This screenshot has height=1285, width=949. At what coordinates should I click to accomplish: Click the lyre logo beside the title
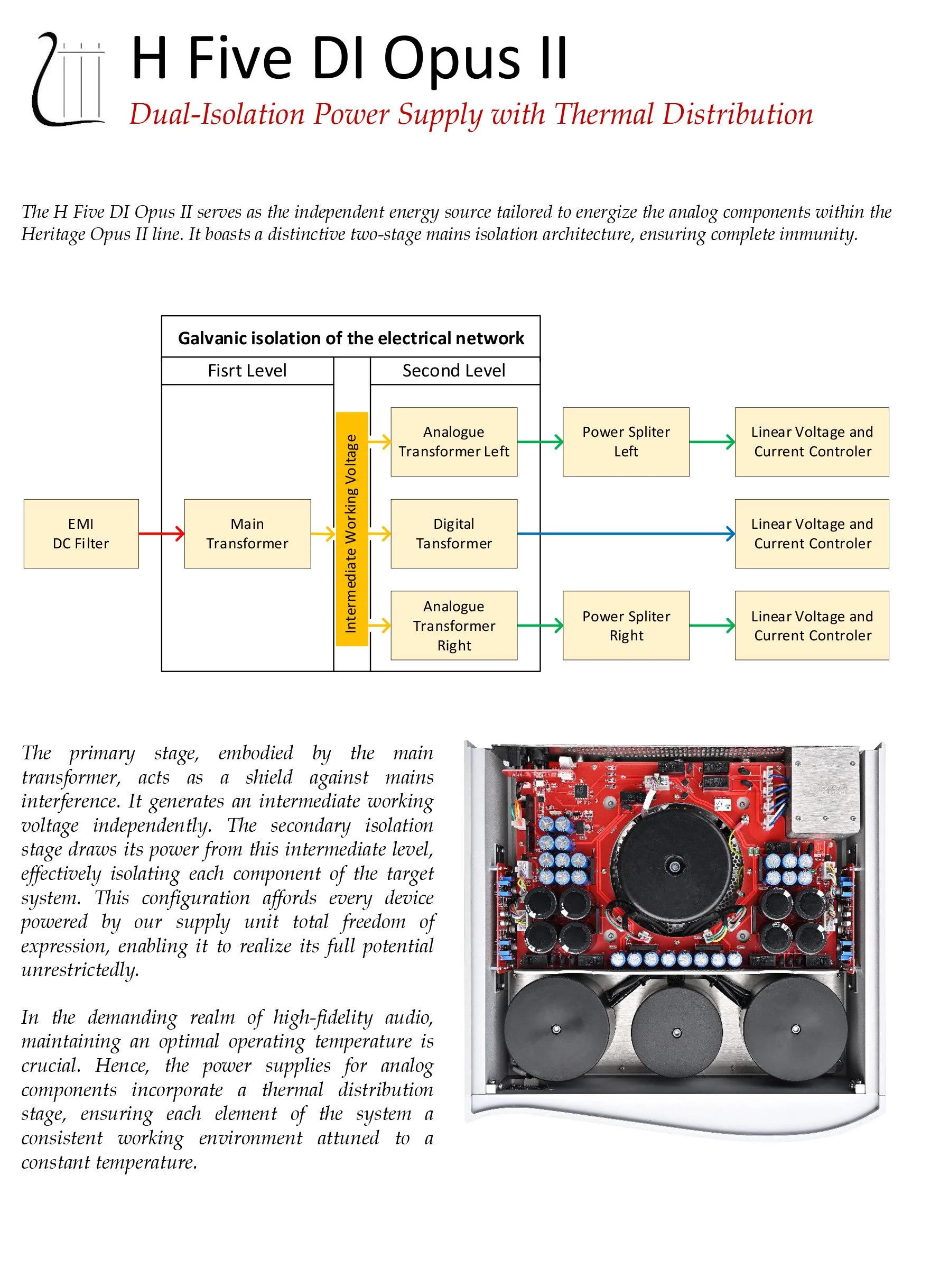point(69,79)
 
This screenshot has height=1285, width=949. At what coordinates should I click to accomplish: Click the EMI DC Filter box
point(81,534)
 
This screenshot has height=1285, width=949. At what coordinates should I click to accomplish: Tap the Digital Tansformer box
point(454,534)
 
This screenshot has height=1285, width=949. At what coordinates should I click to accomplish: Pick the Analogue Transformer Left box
point(454,442)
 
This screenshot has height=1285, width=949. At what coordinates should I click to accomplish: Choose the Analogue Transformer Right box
point(454,626)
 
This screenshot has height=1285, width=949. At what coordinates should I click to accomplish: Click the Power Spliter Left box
point(626,442)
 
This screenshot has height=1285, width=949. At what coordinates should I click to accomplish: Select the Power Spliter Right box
point(626,626)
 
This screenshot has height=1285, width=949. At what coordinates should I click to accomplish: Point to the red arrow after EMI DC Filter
point(161,534)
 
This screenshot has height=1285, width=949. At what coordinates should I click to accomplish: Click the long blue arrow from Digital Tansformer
point(626,534)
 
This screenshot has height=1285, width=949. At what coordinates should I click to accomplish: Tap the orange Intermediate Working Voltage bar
point(351,529)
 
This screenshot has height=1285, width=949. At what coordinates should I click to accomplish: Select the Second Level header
point(454,371)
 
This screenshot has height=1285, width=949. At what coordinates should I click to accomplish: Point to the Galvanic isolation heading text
point(351,338)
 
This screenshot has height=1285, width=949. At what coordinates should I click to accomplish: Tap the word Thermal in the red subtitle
point(603,114)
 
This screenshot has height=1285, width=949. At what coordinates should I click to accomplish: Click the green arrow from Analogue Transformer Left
point(540,442)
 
